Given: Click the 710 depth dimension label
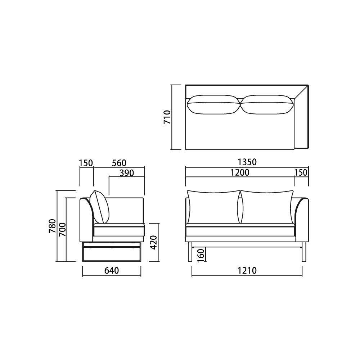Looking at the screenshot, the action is pyautogui.click(x=167, y=117).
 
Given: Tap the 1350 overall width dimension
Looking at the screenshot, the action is pyautogui.click(x=247, y=162).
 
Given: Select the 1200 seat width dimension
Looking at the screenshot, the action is pyautogui.click(x=240, y=172).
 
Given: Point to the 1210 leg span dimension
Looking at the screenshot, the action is pyautogui.click(x=247, y=270).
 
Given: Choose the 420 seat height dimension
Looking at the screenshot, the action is pyautogui.click(x=153, y=242).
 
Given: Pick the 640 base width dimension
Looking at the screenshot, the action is pyautogui.click(x=112, y=270).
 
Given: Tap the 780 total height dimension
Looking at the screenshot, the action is pyautogui.click(x=52, y=226).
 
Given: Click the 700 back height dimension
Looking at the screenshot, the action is pyautogui.click(x=62, y=230).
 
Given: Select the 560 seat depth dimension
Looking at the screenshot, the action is pyautogui.click(x=119, y=163).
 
